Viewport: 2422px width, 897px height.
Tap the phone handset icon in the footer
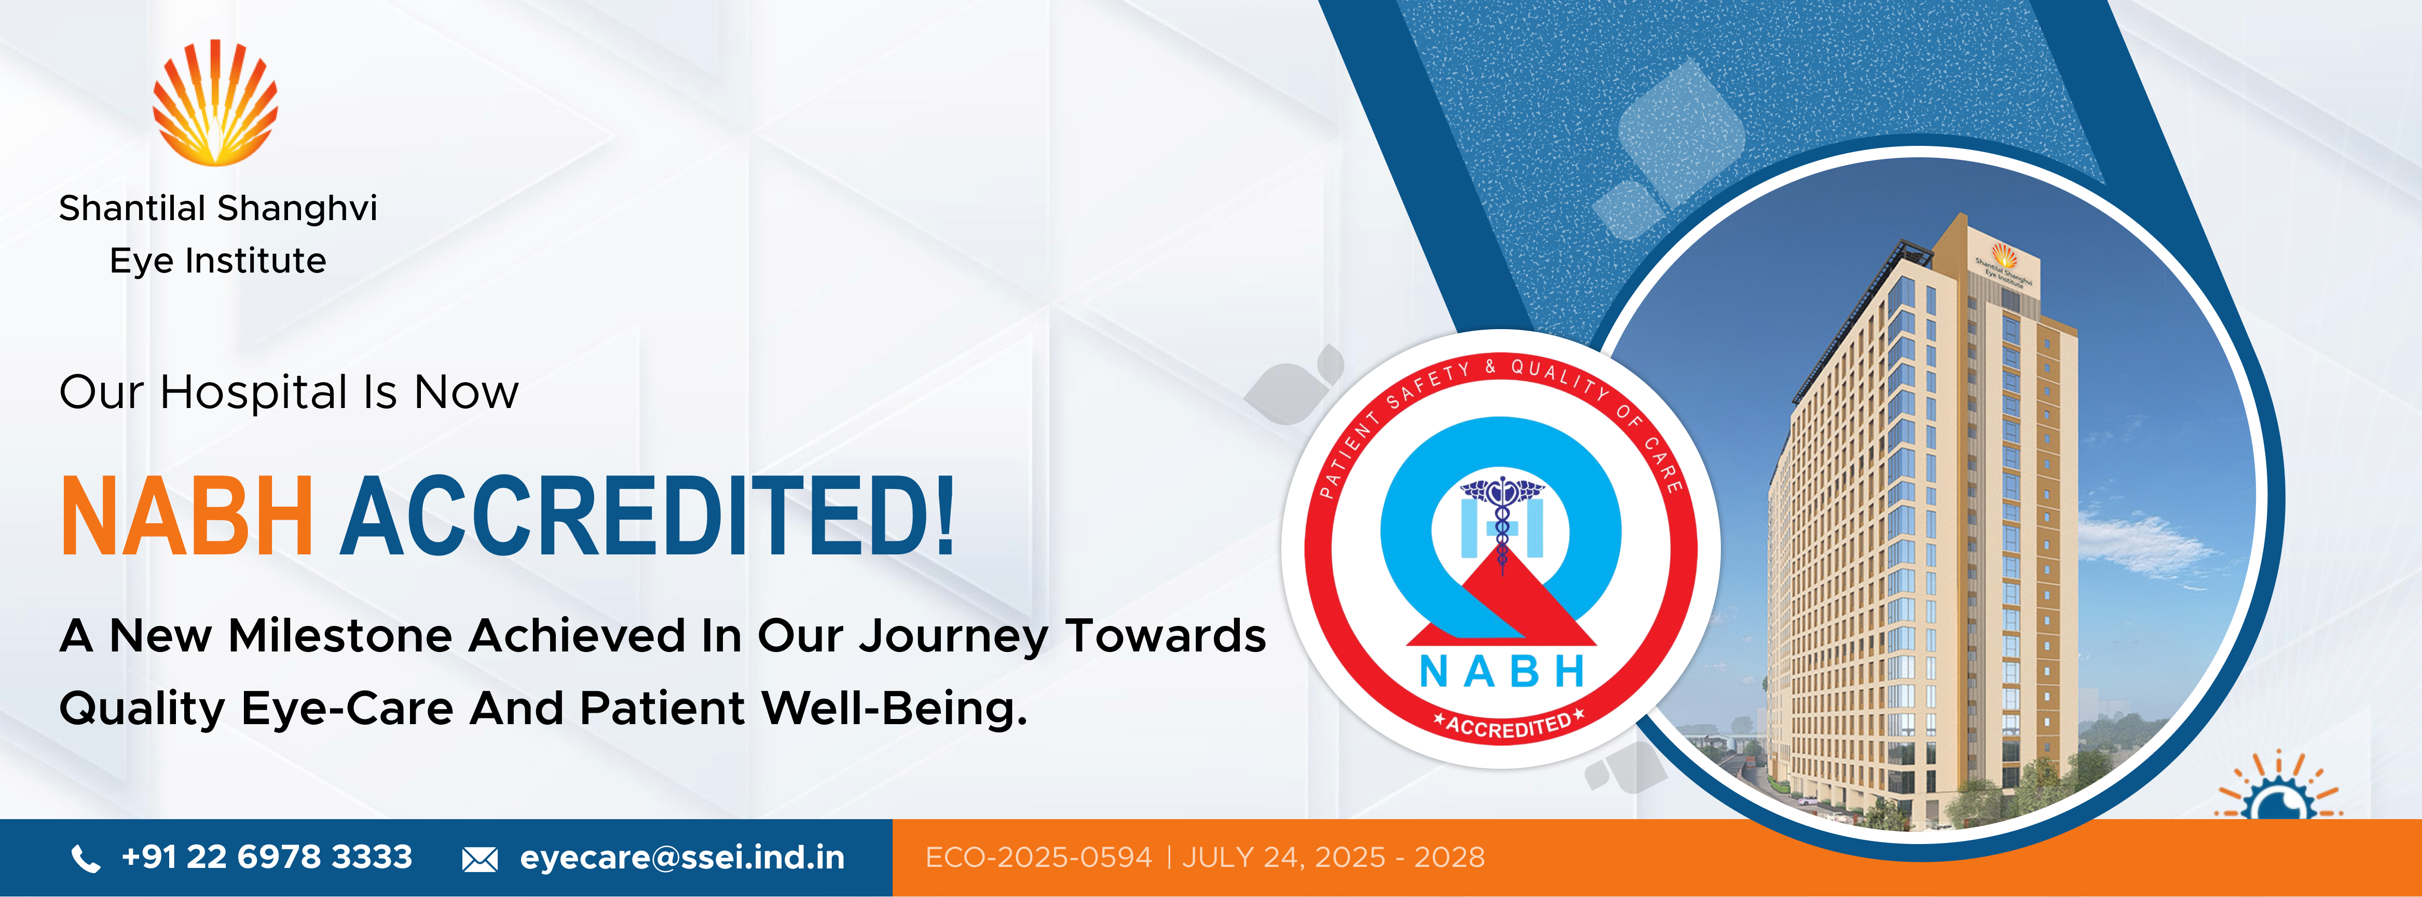(86, 859)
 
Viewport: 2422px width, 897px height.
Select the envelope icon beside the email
(480, 860)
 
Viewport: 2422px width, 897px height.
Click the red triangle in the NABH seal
(1501, 602)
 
